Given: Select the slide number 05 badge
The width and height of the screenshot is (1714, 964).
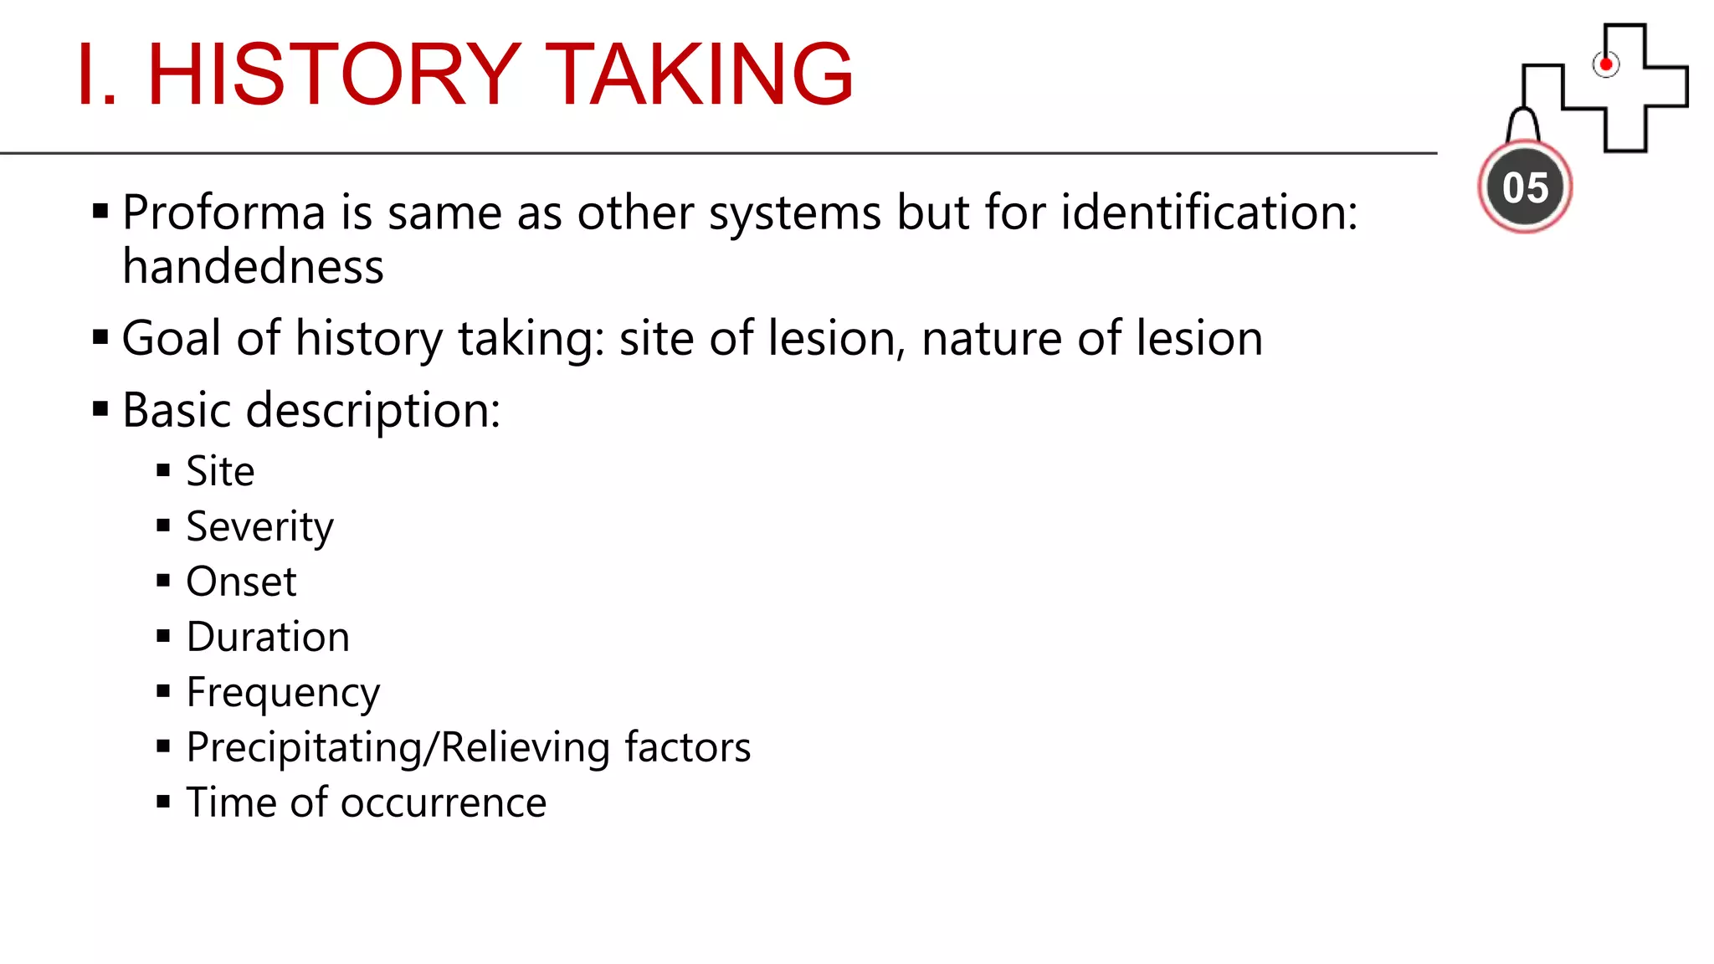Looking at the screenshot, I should [x=1525, y=187].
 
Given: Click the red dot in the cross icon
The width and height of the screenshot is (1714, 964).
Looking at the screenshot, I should [x=1605, y=64].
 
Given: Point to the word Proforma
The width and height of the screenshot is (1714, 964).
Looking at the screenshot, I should [x=223, y=213].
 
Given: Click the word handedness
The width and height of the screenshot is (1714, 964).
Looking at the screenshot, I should [x=253, y=267].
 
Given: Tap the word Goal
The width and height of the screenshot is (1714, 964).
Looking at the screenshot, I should [x=172, y=339].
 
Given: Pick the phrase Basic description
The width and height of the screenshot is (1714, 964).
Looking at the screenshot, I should [x=310, y=411].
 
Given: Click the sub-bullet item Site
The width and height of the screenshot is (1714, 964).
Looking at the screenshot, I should [x=220, y=471].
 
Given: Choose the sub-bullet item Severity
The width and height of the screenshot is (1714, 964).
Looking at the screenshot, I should [x=259, y=527].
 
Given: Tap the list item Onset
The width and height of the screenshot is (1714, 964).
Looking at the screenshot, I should [x=241, y=582].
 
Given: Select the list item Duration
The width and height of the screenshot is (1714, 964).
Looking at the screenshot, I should [x=268, y=637].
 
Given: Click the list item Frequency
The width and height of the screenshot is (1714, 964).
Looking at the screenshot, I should [x=283, y=693].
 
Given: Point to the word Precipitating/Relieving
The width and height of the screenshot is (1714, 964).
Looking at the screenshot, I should [x=398, y=747].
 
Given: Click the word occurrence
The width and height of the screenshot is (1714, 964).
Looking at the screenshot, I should [x=444, y=802].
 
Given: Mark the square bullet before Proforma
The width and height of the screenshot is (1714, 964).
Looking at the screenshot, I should [x=100, y=211].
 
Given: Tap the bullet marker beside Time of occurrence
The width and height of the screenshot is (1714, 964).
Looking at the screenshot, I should [x=163, y=802].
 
